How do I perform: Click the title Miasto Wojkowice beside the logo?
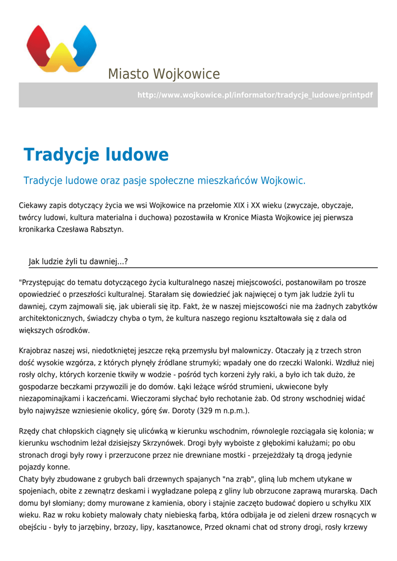164,74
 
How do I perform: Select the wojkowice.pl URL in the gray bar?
255,95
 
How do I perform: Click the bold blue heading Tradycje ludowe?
96,155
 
